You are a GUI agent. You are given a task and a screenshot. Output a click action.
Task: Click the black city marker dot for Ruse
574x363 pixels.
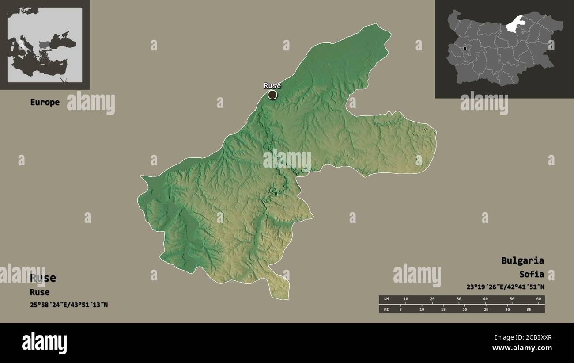272,95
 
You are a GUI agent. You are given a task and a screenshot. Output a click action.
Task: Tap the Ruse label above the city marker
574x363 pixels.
272,86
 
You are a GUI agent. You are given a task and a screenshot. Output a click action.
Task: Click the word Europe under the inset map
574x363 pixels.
45,102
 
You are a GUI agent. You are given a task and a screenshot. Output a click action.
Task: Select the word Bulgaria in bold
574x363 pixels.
522,260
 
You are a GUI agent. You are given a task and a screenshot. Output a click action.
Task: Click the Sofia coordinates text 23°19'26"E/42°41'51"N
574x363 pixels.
505,287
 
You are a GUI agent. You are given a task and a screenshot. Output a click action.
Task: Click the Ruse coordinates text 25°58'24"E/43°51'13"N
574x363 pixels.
69,305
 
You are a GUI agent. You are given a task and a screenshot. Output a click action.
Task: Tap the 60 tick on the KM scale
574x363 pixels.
538,299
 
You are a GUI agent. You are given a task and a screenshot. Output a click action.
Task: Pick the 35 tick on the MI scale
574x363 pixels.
529,310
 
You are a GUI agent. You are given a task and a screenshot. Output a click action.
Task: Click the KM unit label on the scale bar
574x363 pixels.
387,299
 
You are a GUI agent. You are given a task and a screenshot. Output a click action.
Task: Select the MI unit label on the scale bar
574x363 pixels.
387,310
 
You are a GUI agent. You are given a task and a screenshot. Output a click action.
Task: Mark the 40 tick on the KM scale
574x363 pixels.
485,299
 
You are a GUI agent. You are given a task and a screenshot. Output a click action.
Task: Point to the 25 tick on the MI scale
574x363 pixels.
486,310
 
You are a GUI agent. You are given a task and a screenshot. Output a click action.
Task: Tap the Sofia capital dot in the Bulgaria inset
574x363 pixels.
464,48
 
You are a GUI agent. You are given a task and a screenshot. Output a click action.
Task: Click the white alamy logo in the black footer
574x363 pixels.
44,343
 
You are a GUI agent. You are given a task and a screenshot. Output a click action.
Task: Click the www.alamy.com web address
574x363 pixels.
522,348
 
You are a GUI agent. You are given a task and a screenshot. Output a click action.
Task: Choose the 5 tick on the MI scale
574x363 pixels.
400,310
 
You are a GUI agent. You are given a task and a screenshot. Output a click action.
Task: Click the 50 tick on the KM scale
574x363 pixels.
512,299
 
